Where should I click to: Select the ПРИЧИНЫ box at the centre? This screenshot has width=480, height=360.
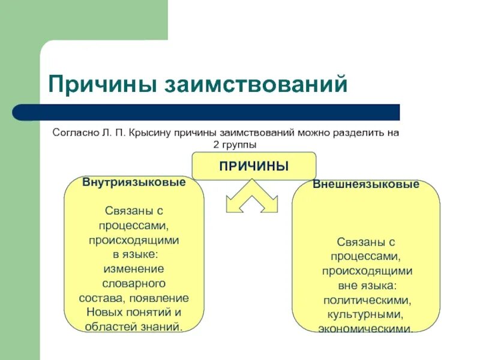click(x=253, y=166)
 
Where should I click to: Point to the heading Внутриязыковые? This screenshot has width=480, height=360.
click(x=134, y=182)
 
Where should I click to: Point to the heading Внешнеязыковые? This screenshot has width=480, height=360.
click(x=366, y=185)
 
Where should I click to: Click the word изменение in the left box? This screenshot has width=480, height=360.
click(x=134, y=269)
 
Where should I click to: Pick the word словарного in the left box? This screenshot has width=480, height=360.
click(x=134, y=283)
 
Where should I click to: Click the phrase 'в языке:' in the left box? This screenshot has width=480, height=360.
click(x=134, y=254)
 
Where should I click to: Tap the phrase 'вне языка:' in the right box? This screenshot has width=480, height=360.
click(x=366, y=286)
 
